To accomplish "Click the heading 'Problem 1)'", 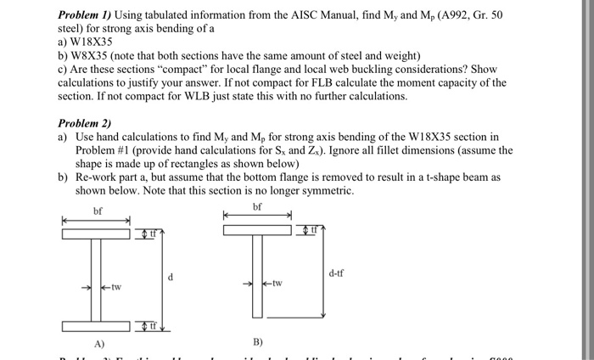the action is pos(87,15).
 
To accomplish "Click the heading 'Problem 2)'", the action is pos(87,121).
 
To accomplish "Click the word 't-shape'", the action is pos(448,177).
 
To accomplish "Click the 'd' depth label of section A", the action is pos(171,277).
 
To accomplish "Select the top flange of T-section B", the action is pos(260,230).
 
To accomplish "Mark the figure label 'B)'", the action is pos(258,342).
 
